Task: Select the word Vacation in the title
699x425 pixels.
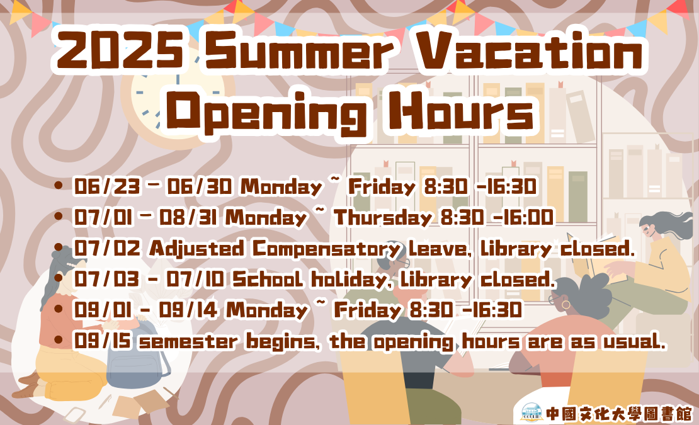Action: [530, 50]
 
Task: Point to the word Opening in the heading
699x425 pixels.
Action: [270, 111]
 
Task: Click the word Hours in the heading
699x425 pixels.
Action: [461, 110]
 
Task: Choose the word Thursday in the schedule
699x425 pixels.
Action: [383, 217]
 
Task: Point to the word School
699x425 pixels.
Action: [268, 280]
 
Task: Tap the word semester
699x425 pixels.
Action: [188, 342]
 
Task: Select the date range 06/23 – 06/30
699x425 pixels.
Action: [153, 186]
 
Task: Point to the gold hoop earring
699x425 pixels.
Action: [565, 305]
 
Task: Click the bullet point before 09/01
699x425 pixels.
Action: [58, 310]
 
